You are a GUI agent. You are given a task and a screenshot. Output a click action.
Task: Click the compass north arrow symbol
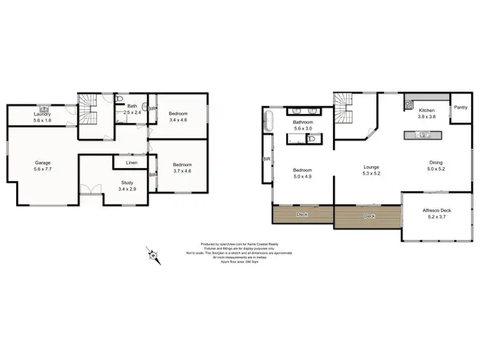pos(153,255)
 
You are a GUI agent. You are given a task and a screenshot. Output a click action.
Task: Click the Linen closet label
pos(131,163)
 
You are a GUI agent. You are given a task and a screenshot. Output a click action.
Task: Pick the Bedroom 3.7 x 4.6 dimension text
pos(182,171)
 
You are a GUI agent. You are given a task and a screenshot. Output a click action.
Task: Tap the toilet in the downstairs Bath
pos(120,99)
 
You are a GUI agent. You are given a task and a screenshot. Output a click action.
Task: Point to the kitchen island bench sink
pos(422,134)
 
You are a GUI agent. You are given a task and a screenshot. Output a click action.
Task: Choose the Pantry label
pos(460,107)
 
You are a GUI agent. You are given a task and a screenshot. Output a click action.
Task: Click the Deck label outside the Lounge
pos(369,217)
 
